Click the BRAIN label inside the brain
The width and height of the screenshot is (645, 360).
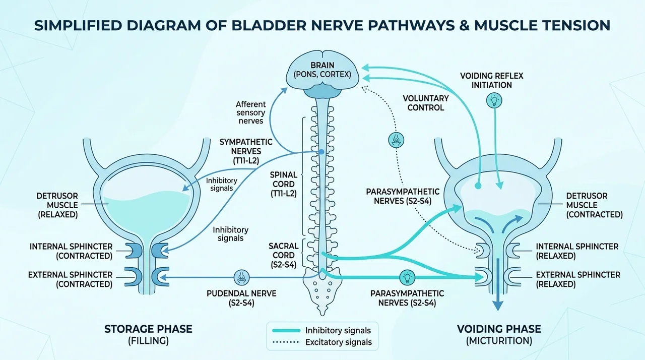(322, 66)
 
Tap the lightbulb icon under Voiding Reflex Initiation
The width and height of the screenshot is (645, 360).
(494, 100)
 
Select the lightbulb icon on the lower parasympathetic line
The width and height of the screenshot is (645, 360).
(407, 277)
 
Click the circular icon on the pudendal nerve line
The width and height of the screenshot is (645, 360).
(241, 277)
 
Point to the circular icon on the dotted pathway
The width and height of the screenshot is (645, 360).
(396, 140)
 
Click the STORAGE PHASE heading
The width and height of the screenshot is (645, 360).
(148, 329)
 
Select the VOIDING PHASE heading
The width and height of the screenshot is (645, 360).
(499, 329)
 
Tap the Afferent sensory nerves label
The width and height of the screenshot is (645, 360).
(251, 112)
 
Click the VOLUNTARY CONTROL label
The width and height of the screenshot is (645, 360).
(426, 103)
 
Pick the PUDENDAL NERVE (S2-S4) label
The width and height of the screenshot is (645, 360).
(241, 298)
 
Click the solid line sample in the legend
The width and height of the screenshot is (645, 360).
(286, 330)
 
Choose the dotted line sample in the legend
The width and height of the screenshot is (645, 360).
(286, 342)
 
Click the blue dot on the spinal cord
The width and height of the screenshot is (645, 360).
(321, 151)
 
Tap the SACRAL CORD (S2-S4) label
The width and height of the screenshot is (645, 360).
(284, 255)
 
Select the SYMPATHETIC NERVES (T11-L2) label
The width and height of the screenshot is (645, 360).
(246, 151)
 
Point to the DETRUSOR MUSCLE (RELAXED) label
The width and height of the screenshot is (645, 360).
(57, 205)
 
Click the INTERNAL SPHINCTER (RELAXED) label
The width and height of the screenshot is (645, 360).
(577, 251)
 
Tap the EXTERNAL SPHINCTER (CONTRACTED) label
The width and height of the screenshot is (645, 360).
(70, 279)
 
